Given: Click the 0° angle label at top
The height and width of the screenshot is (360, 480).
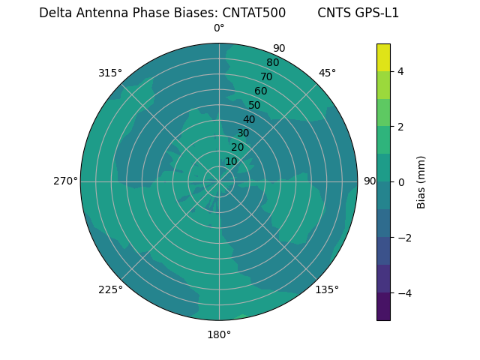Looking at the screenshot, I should [x=219, y=28].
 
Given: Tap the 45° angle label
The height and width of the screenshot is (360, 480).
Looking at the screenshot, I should [x=327, y=73].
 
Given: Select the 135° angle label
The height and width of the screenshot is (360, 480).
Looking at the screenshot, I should [x=327, y=289].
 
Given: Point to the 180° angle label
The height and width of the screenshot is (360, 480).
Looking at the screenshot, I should [x=219, y=334].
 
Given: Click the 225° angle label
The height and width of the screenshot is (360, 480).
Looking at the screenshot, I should [x=110, y=289].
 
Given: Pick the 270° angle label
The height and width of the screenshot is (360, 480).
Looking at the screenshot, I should [x=65, y=181].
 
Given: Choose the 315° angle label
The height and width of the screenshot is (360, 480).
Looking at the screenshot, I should [x=110, y=73].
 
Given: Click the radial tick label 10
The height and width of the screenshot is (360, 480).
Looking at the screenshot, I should [x=231, y=161].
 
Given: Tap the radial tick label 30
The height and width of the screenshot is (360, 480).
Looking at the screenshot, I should [x=243, y=133].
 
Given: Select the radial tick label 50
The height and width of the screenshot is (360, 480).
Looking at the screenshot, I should [x=254, y=105].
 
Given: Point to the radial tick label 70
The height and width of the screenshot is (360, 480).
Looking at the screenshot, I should [x=266, y=76].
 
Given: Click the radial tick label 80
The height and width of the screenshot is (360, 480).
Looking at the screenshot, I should [x=272, y=62].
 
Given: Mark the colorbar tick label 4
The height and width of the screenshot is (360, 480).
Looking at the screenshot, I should [x=401, y=71].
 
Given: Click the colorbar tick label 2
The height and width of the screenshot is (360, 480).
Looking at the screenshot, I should [x=401, y=127].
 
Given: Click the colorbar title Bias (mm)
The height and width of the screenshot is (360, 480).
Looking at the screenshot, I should [x=421, y=181].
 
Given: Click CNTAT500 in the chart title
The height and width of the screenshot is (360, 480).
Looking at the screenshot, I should [x=253, y=13].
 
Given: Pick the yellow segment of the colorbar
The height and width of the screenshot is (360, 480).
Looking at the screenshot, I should [x=383, y=57].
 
